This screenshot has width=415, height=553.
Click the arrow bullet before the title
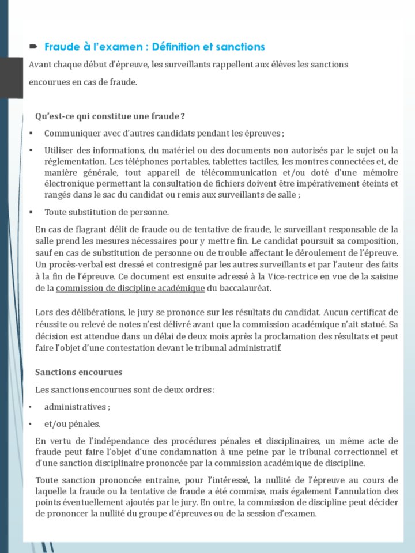click(x=33, y=46)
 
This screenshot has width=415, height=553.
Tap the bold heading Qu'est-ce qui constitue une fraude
click(x=110, y=116)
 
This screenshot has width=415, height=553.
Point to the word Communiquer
click(x=71, y=134)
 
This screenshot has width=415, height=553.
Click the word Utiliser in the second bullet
click(x=60, y=150)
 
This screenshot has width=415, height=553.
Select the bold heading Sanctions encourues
click(x=78, y=372)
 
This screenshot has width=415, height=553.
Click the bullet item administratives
click(x=77, y=407)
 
